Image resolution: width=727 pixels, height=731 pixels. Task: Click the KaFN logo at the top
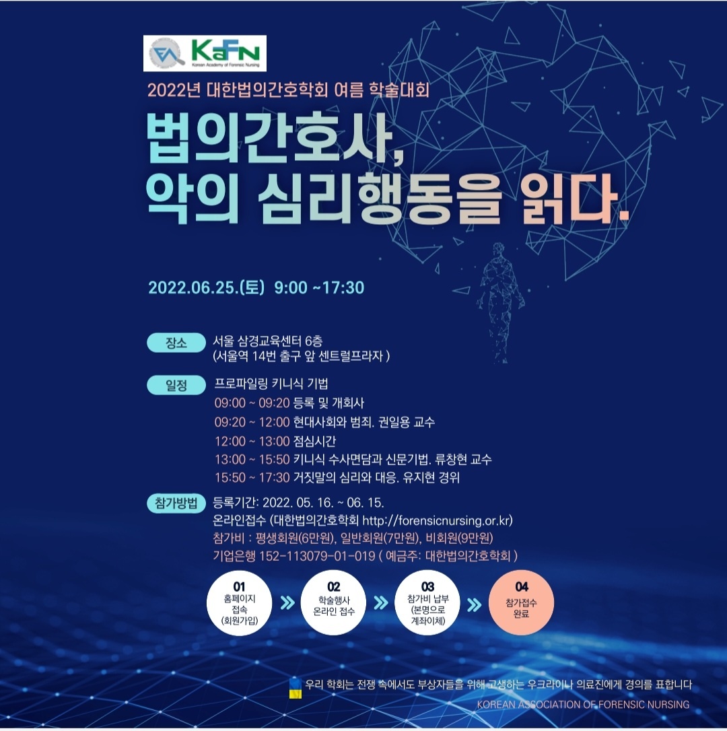205,53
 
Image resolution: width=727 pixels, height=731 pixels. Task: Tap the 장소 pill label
176,343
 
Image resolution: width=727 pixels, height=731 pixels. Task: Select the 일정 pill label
176,385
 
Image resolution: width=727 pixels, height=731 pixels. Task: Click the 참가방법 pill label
176,503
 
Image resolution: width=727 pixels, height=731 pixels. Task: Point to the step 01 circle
239,603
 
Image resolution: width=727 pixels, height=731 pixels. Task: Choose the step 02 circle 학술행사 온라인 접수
333,603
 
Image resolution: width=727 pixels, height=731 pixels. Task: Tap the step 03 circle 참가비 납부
427,603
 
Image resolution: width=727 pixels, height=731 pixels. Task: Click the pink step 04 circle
521,603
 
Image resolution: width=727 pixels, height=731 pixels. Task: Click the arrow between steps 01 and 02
287,603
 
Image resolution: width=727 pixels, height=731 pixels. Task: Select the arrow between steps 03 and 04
474,604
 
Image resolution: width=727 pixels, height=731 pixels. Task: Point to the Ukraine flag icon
296,688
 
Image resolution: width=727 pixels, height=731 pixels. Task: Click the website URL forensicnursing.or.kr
437,520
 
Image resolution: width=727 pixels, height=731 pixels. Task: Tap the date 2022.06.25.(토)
206,287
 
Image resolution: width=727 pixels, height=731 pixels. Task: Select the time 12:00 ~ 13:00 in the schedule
252,441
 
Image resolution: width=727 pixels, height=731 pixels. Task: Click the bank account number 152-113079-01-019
317,556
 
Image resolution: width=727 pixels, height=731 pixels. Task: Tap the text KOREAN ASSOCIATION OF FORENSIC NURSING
583,705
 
